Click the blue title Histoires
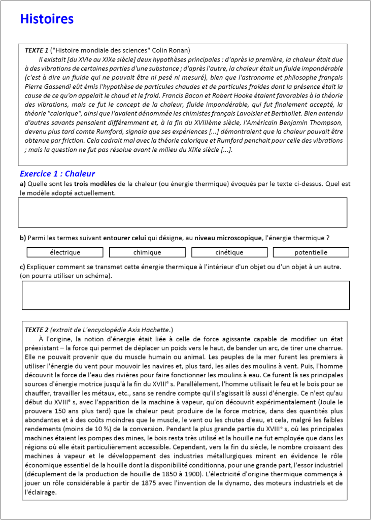(47, 19)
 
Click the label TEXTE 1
(37, 50)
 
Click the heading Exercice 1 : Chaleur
(57, 174)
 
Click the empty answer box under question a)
(182, 212)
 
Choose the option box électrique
(65, 252)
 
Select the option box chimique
(147, 252)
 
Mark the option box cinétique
(229, 252)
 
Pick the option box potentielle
(311, 252)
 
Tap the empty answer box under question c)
(185, 295)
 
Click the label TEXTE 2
(37, 330)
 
